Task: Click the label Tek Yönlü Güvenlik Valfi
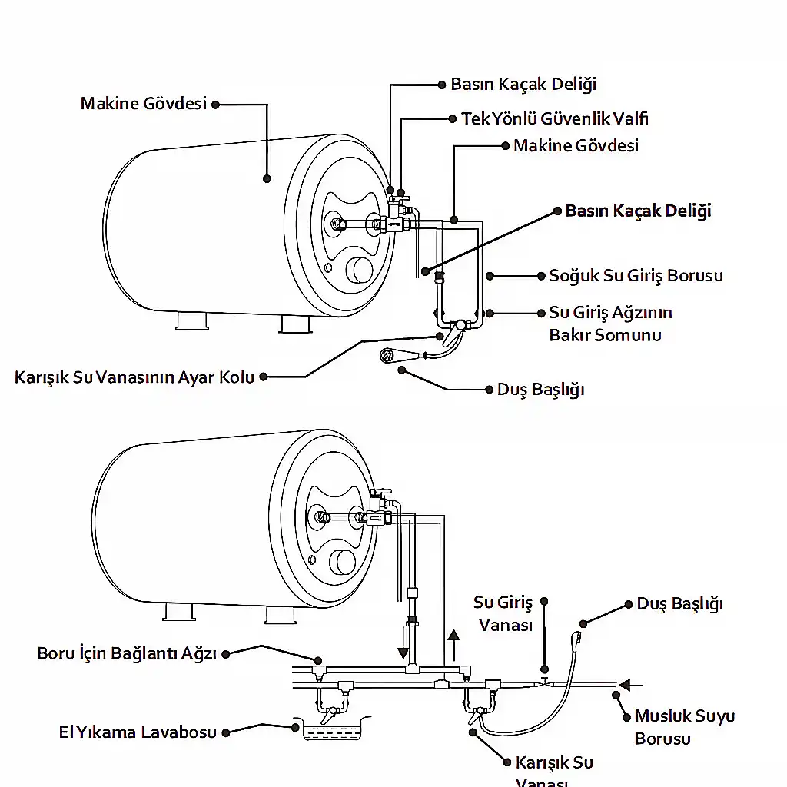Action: pyautogui.click(x=554, y=118)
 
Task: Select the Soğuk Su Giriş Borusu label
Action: pyautogui.click(x=636, y=275)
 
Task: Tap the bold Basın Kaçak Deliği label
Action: pyautogui.click(x=638, y=211)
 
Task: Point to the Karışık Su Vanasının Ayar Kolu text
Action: pyautogui.click(x=134, y=377)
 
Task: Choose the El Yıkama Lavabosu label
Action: pyautogui.click(x=138, y=732)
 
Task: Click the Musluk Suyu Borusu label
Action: pyautogui.click(x=684, y=727)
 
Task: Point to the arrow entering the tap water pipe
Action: pyautogui.click(x=632, y=683)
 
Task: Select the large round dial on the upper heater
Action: pyautogui.click(x=359, y=271)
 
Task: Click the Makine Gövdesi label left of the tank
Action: pyautogui.click(x=144, y=103)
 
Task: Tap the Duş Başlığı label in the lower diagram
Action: pyautogui.click(x=679, y=603)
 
